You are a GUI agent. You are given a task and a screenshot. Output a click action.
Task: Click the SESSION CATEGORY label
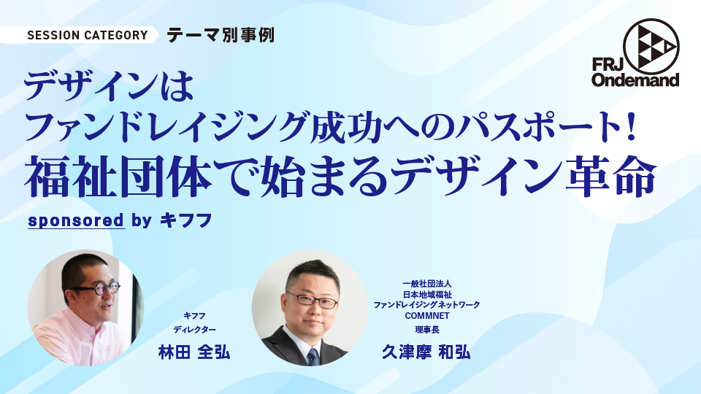tap(88, 35)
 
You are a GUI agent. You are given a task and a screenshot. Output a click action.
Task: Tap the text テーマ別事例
tap(221, 35)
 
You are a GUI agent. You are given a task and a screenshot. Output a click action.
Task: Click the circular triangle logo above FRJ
tap(651, 46)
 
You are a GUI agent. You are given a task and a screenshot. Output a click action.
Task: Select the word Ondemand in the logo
tap(635, 80)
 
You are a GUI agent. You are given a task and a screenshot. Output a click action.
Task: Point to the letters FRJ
tap(607, 65)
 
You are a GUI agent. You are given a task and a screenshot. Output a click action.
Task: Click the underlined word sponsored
tap(76, 220)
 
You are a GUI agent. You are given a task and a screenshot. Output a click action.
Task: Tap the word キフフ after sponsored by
tap(186, 220)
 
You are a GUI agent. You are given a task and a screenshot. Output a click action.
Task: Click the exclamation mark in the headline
tap(631, 128)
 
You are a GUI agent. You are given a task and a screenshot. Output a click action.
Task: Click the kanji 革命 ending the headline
tap(611, 177)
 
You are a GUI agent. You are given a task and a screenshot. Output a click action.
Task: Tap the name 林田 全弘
tap(194, 352)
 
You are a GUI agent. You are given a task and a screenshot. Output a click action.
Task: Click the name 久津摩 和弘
tap(426, 352)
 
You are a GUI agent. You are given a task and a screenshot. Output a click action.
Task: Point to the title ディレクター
tap(194, 330)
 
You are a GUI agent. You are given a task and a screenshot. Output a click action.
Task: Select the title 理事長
tap(427, 330)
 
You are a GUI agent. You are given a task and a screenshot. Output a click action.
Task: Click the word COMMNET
tap(427, 316)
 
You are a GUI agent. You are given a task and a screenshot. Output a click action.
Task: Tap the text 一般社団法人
tap(427, 284)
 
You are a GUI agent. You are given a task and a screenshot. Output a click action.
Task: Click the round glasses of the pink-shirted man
tap(100, 288)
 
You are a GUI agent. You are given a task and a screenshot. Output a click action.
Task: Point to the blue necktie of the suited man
tap(313, 356)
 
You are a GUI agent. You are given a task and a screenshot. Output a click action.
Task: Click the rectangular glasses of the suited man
tap(312, 301)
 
